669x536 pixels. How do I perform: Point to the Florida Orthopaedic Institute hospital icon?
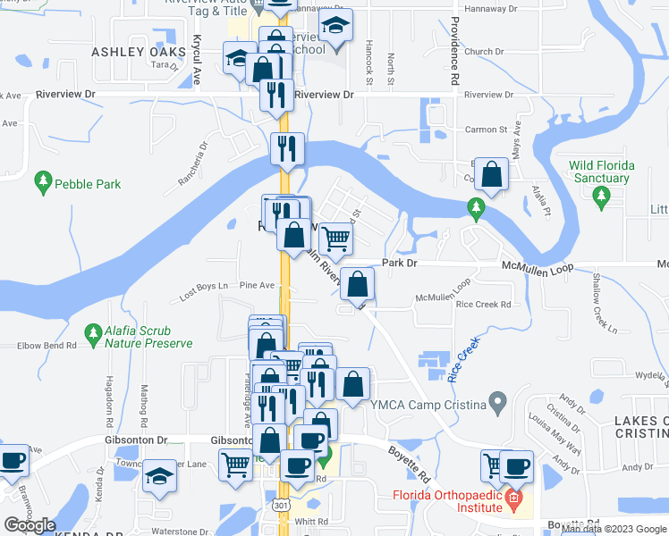point(512,497)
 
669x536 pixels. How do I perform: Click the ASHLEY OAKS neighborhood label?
point(137,52)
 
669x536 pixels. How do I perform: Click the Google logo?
point(30,524)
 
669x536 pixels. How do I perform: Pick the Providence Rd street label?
point(454,51)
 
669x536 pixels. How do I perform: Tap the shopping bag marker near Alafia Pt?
point(492,174)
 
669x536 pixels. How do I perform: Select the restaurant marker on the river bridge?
point(286,149)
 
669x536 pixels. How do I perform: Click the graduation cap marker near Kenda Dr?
point(161,475)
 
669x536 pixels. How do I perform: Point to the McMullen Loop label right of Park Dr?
point(537,264)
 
